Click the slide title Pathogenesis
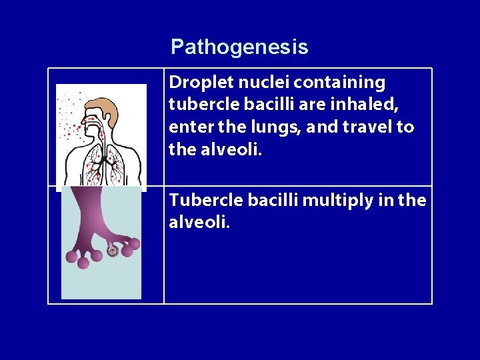pyautogui.click(x=239, y=47)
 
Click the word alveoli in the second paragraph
pyautogui.click(x=199, y=222)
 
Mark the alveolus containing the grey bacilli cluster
pyautogui.click(x=113, y=251)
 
